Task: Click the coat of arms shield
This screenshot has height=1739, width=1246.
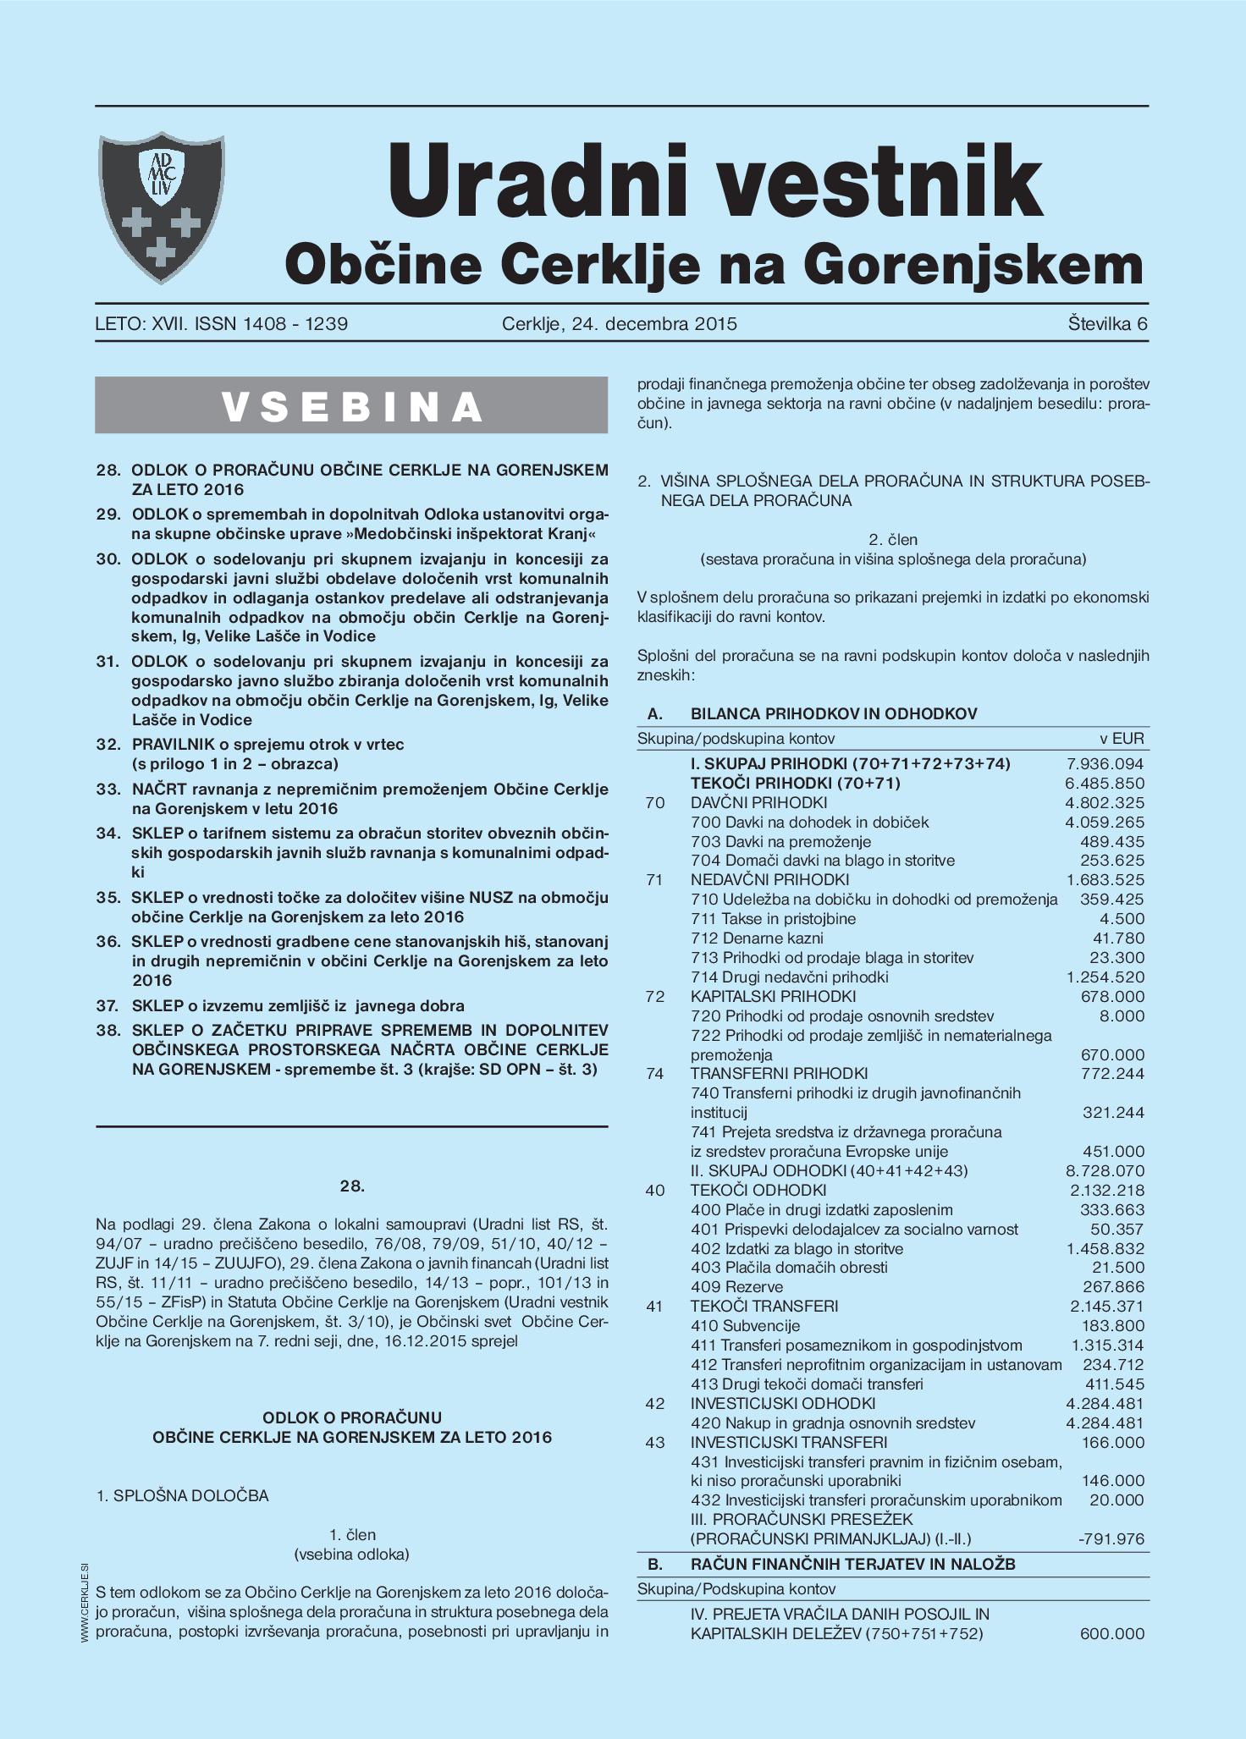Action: (x=162, y=208)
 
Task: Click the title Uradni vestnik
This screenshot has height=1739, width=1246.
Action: (x=714, y=180)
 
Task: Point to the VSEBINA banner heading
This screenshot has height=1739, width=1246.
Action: (x=351, y=406)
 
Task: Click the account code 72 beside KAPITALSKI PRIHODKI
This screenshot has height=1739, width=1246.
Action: (x=654, y=996)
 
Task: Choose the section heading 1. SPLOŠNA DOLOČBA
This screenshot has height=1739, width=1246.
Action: (x=183, y=1495)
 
